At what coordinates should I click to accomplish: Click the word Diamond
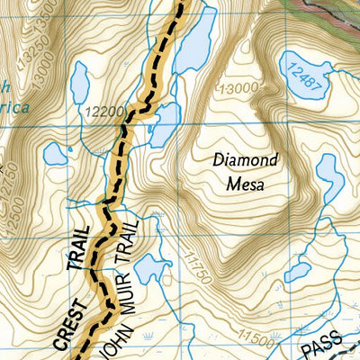[x=245, y=160]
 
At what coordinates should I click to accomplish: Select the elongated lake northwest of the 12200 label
[x=79, y=82]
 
